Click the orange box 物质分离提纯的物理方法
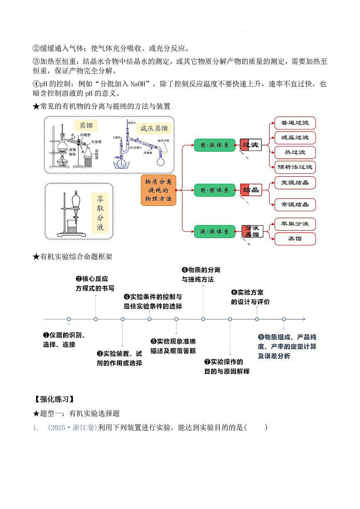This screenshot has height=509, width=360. pyautogui.click(x=158, y=190)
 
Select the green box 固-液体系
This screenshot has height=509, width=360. pyautogui.click(x=214, y=145)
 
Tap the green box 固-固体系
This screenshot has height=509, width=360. pyautogui.click(x=214, y=190)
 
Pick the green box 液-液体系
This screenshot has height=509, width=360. pyautogui.click(x=214, y=231)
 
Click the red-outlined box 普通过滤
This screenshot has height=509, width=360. pyautogui.click(x=295, y=123)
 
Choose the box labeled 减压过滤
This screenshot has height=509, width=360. pyautogui.click(x=295, y=138)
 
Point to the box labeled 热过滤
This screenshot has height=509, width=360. pyautogui.click(x=295, y=152)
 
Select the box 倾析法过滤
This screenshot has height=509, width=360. pyautogui.click(x=295, y=167)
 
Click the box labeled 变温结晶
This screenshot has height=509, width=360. pyautogui.click(x=295, y=183)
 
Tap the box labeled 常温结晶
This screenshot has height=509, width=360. pyautogui.click(x=295, y=205)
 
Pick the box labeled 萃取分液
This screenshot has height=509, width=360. pyautogui.click(x=295, y=224)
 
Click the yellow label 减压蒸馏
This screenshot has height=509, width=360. pyautogui.click(x=154, y=128)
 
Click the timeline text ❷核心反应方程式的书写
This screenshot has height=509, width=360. pyautogui.click(x=95, y=283)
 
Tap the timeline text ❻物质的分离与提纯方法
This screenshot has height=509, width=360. pyautogui.click(x=201, y=275)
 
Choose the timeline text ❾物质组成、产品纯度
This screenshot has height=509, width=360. pyautogui.click(x=287, y=346)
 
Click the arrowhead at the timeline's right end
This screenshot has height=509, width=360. pyautogui.click(x=304, y=319)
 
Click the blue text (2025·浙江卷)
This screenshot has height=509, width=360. pyautogui.click(x=73, y=427)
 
